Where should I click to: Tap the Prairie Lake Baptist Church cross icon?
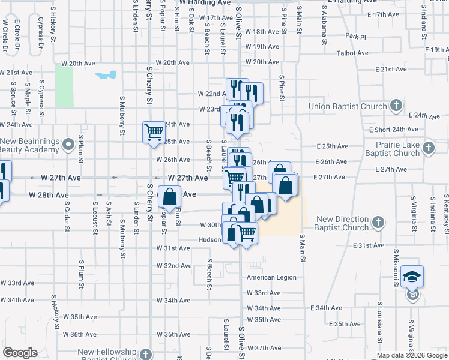[428, 148]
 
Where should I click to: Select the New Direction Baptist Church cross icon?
[377, 223]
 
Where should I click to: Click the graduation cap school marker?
[412, 276]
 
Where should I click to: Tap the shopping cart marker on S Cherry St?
[154, 131]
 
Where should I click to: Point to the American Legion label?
[271, 277]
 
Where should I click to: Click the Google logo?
[20, 352]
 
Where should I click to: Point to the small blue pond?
[106, 76]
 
